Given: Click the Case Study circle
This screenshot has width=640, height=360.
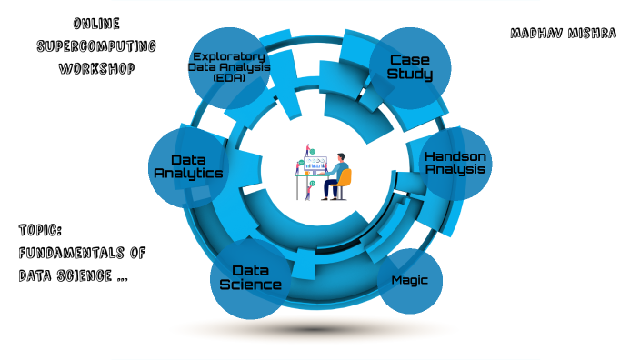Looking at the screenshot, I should point(409,65).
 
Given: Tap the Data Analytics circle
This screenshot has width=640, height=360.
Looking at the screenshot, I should point(186,166).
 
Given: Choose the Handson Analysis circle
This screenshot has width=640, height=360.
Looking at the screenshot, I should point(455,163).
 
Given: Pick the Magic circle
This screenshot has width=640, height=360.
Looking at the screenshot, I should point(409,281).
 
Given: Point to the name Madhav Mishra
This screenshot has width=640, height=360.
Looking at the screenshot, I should point(564,34).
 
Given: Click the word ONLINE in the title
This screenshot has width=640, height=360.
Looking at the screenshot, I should point(95,23).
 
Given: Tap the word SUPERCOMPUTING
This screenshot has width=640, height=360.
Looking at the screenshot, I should point(95,45).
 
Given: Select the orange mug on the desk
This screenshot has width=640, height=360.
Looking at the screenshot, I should point(300,171).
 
